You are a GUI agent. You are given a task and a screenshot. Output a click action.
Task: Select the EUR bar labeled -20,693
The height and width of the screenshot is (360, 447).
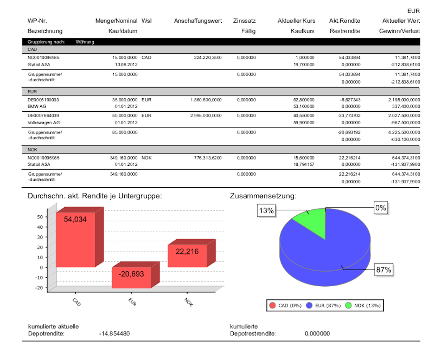click(x=131, y=277)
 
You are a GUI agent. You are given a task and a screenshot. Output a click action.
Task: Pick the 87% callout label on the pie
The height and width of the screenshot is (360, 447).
click(x=383, y=270)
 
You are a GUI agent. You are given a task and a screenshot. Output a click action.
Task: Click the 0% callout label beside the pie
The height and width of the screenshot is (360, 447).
click(x=380, y=208)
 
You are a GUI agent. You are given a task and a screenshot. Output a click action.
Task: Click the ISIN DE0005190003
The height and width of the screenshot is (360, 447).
click(x=43, y=100)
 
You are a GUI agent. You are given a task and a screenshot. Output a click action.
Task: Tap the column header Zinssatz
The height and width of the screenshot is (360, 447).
click(x=244, y=21)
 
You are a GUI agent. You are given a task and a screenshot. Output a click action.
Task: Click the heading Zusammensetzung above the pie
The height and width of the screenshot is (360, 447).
click(x=263, y=196)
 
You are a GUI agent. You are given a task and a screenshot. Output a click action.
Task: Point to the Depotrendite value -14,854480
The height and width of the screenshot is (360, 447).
click(x=114, y=333)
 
